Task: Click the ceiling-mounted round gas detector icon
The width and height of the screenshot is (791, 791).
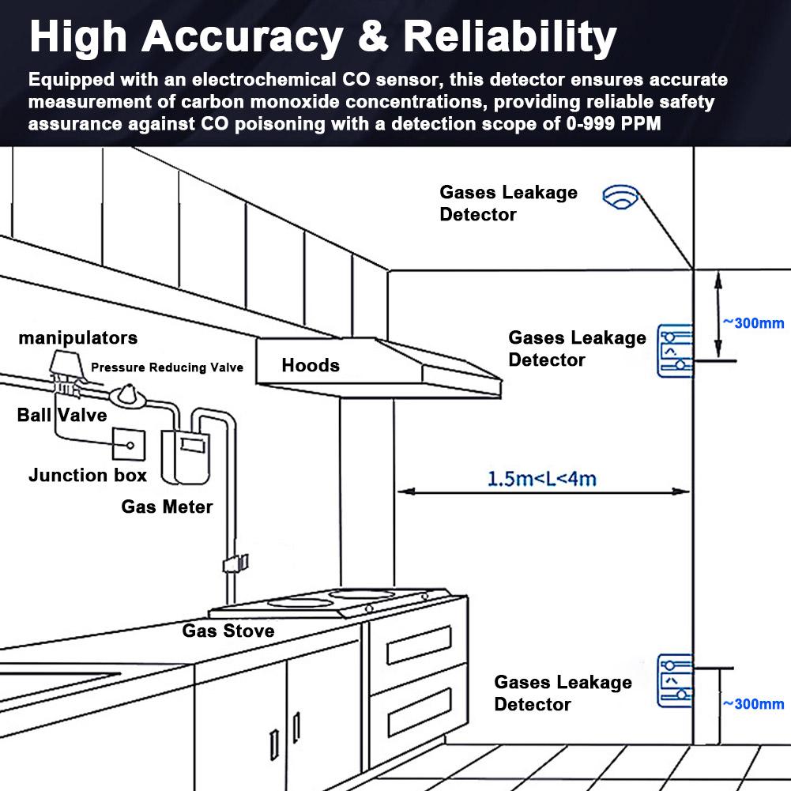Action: click(x=621, y=197)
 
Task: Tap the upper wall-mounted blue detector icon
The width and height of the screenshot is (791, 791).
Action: click(x=675, y=351)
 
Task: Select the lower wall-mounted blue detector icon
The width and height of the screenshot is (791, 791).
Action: click(x=675, y=681)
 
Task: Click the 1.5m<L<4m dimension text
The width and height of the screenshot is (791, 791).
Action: click(x=542, y=479)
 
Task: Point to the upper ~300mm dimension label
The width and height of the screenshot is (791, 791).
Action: click(x=754, y=323)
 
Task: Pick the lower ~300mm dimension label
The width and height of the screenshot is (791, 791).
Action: click(x=754, y=704)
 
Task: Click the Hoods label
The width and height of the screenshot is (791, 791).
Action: click(x=311, y=365)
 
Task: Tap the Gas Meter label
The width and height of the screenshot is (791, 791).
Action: click(x=167, y=507)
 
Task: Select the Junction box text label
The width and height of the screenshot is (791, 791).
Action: click(x=87, y=475)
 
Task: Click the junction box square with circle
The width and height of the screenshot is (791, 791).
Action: click(x=129, y=444)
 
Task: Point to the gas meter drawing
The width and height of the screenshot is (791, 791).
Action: click(x=185, y=458)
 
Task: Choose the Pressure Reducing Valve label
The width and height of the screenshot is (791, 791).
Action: click(x=167, y=367)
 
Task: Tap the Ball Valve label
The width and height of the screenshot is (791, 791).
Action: click(x=62, y=415)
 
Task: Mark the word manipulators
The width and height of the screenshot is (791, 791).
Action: click(x=78, y=338)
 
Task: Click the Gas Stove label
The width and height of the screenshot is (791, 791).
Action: click(x=228, y=631)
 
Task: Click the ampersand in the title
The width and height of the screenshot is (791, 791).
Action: click(x=373, y=36)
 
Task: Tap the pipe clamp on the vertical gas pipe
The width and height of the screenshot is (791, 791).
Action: click(x=235, y=563)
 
